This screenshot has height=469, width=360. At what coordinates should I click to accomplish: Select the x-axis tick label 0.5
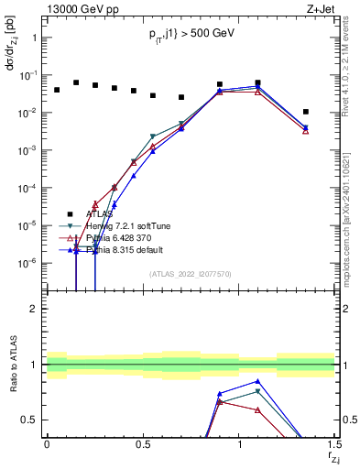pos(143,445)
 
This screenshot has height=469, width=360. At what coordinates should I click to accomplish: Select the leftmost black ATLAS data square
pos(57,90)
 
